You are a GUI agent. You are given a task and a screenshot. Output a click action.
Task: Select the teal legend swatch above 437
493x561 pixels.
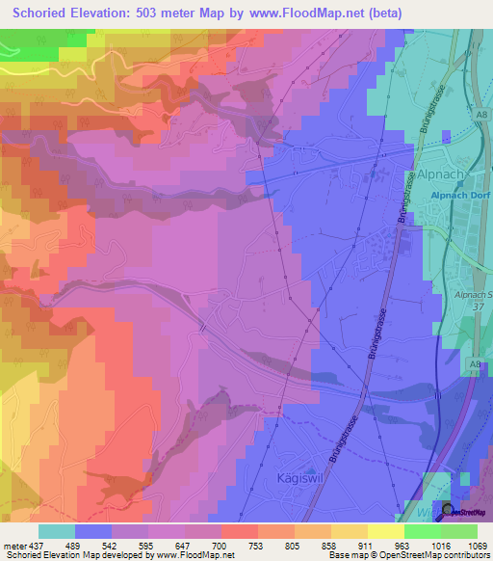tap(57, 531)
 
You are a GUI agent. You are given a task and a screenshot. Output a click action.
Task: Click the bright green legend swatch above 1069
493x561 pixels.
tap(459, 531)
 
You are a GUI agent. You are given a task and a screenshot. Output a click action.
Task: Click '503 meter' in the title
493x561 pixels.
tap(185, 13)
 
